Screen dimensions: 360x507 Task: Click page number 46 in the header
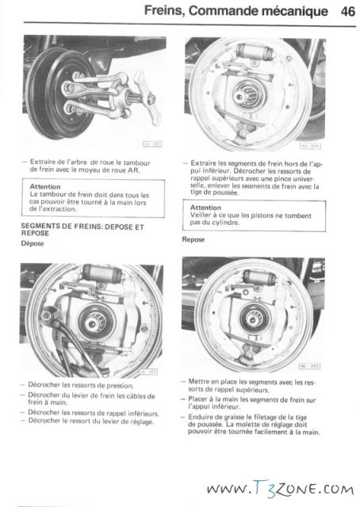coord(348,11)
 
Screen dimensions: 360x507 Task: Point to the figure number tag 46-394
coord(310,146)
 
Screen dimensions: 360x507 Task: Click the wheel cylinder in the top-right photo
coord(253,51)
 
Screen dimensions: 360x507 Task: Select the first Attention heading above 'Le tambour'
coord(45,187)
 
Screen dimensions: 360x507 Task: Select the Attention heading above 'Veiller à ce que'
coord(205,208)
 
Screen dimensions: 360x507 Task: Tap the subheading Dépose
coord(33,243)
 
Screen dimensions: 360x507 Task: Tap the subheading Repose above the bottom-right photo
coord(193,239)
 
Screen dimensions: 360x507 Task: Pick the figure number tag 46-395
coord(309,366)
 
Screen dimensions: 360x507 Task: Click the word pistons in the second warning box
coord(261,215)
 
